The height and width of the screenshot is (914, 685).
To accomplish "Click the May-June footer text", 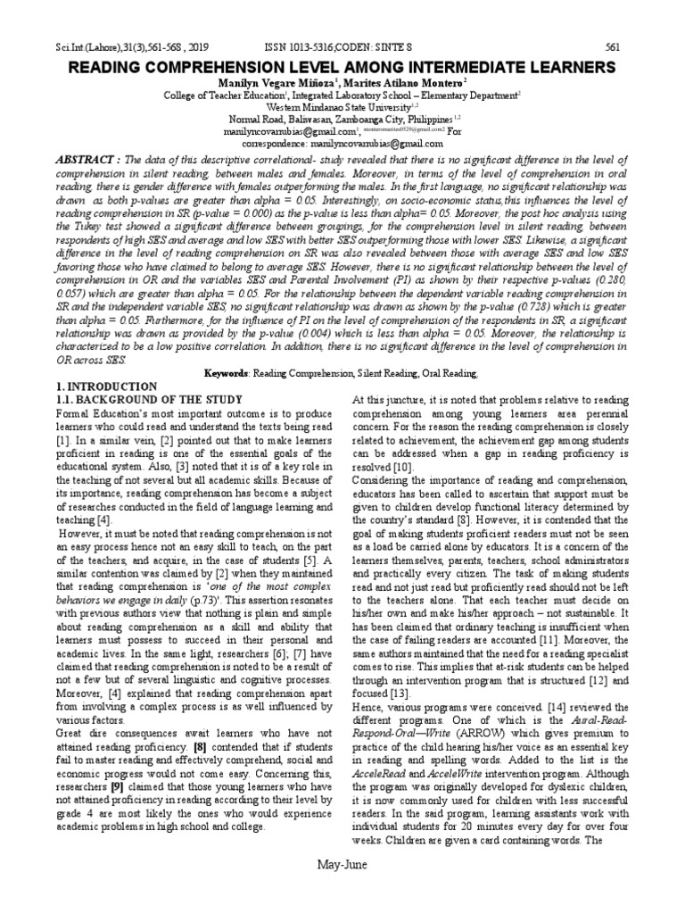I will [x=342, y=890].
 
